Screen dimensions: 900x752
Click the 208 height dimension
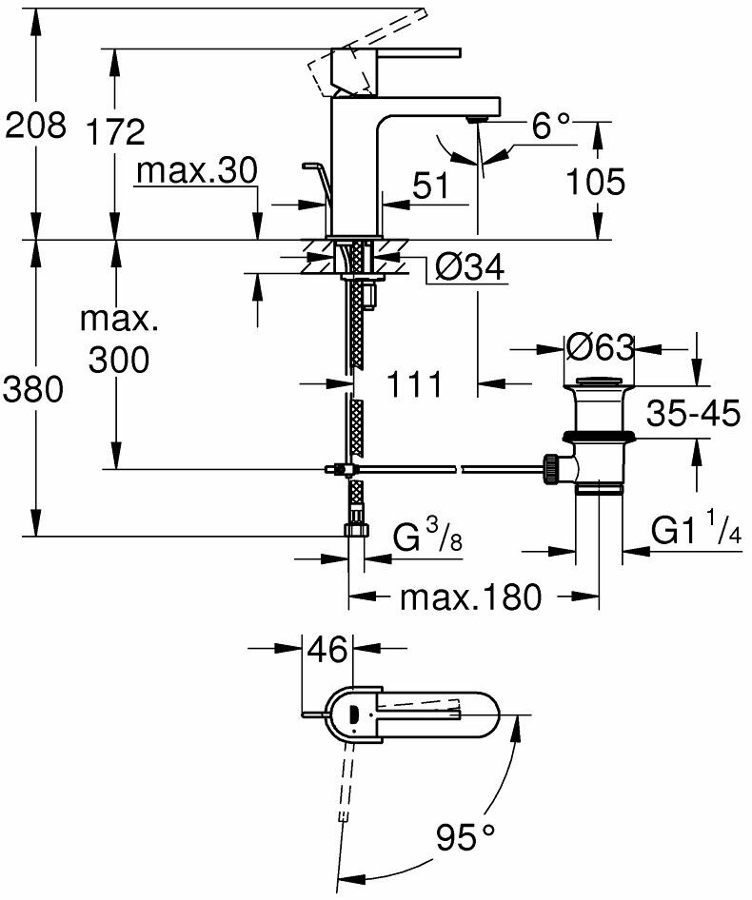click(x=36, y=125)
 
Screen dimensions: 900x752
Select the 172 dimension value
click(x=114, y=132)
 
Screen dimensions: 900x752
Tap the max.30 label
click(x=197, y=171)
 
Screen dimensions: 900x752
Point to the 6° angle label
click(x=551, y=125)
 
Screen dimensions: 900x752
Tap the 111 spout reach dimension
click(x=415, y=384)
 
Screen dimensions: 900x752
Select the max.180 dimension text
click(x=470, y=597)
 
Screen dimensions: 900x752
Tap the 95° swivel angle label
click(x=466, y=837)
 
